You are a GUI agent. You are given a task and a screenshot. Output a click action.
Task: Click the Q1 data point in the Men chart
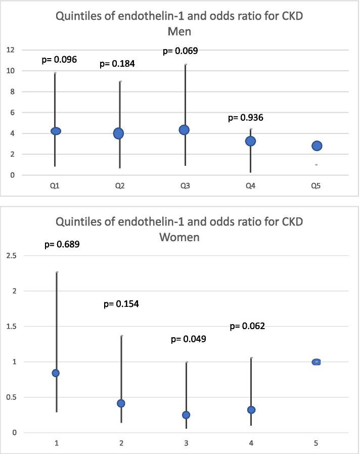pos(56,131)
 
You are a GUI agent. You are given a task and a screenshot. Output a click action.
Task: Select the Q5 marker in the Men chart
pos(317,146)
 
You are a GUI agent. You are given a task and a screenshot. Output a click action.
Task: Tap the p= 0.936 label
pos(246,118)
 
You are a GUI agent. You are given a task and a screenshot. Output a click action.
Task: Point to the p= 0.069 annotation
pos(180,51)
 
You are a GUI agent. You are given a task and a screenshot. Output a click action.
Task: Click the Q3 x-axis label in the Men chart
pos(184,186)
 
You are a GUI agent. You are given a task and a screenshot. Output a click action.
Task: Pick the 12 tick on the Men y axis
pos(10,50)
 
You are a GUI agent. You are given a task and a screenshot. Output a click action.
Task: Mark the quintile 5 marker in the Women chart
pos(317,362)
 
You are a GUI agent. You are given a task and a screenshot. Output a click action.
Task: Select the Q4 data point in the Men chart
pos(250,141)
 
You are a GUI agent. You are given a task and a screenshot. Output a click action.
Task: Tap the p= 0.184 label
pos(118,64)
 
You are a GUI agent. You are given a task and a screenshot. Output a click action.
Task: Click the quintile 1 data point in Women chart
pos(56,373)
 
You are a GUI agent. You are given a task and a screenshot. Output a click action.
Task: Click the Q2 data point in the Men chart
pos(119,133)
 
